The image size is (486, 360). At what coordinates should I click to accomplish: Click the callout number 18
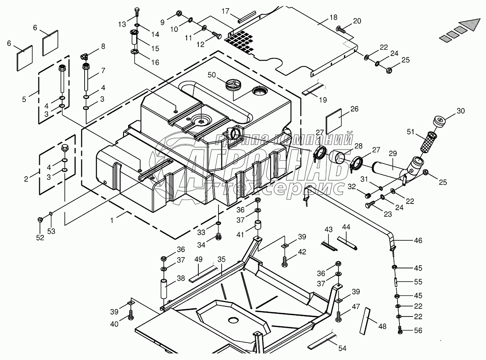coord(333,17)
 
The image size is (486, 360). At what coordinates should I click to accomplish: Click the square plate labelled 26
coord(334,121)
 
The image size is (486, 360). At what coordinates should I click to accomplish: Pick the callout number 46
coord(418,240)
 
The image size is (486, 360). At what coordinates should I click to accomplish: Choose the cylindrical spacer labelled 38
coord(164,289)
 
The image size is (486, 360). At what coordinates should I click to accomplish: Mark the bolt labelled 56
coord(400,330)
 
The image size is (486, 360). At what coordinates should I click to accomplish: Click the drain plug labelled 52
coord(40,219)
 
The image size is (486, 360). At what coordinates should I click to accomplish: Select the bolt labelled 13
coord(137,12)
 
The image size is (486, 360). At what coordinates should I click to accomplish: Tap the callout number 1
coord(112,220)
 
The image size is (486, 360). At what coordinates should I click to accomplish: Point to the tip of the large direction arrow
coord(480,19)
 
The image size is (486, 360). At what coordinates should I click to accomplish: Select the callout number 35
coord(222,259)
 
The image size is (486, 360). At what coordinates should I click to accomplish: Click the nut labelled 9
coord(179,14)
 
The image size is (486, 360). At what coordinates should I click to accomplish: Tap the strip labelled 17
coord(247,17)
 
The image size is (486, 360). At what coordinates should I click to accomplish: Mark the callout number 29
coord(393,153)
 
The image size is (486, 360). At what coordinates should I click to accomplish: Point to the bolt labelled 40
coord(131,315)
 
